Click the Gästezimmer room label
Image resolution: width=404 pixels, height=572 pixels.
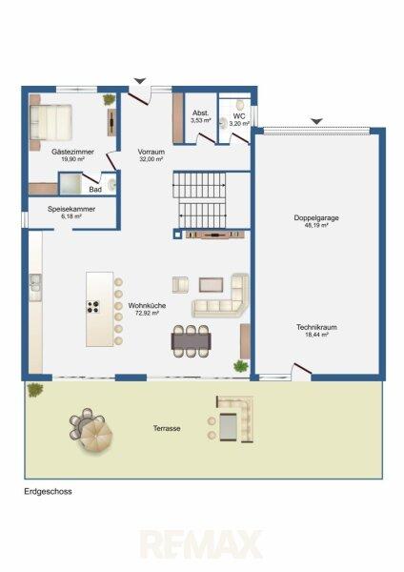pos(72,152)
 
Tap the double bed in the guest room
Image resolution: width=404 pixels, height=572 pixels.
pos(50,122)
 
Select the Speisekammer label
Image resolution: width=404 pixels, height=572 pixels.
pos(71,209)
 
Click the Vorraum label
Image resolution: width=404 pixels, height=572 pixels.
pos(151,152)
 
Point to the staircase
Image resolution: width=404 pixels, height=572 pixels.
pos(200,200)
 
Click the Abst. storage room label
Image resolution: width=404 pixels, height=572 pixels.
pos(200,113)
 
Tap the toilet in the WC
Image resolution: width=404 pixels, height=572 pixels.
pos(240,105)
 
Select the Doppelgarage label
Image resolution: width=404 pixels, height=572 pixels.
pos(316,217)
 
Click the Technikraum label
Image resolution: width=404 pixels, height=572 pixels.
pos(316,327)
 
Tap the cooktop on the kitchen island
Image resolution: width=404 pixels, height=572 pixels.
pos(93,307)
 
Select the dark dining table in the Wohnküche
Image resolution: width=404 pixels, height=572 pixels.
pos(192,341)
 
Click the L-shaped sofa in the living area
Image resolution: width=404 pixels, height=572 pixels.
pos(221,296)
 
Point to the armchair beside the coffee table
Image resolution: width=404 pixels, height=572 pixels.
pos(180,285)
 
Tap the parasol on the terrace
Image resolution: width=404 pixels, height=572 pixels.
pos(96,433)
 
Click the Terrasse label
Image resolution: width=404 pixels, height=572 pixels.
pos(167,428)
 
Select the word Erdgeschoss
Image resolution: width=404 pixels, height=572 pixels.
pos(48,491)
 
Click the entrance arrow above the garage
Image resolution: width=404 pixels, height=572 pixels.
pos(317,121)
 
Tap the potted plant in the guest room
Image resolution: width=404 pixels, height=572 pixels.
pos(109,99)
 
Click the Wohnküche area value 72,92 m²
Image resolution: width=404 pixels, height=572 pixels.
pos(147,313)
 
